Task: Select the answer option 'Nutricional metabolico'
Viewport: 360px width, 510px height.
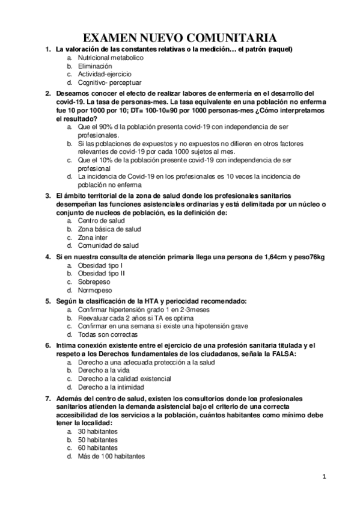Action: (x=111, y=57)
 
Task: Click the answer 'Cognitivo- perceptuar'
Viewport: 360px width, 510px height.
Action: (x=109, y=82)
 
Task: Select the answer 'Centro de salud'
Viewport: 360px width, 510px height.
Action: (x=101, y=221)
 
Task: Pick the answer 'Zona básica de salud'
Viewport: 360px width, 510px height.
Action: (x=109, y=229)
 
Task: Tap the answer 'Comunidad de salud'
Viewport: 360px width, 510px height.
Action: (x=108, y=245)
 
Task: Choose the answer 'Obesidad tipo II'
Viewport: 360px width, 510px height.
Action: (x=101, y=273)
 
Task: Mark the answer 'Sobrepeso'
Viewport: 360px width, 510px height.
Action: (x=95, y=281)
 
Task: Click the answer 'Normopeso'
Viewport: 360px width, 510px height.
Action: (x=96, y=290)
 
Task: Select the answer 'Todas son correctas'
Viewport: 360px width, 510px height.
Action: (x=107, y=334)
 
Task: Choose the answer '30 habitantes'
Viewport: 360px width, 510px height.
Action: (x=97, y=431)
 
